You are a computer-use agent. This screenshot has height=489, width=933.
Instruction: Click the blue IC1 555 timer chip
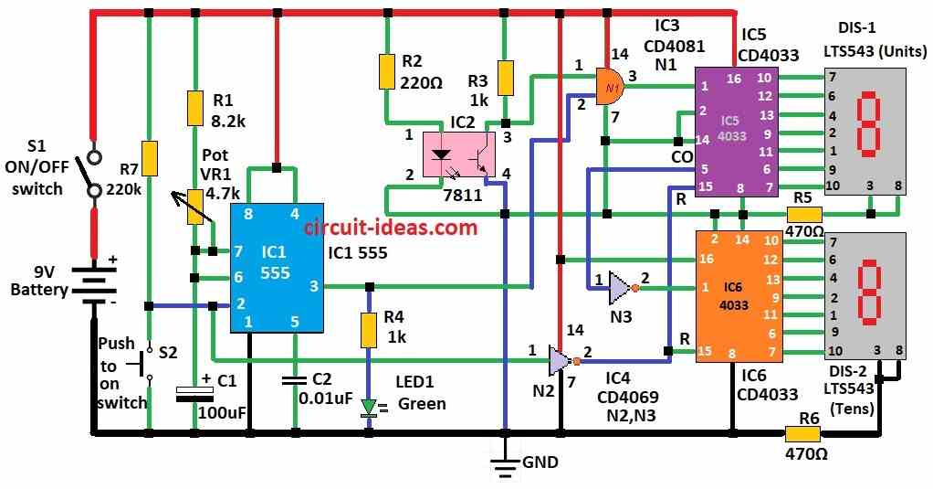(275, 267)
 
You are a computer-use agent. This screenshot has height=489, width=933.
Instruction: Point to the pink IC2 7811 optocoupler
(457, 154)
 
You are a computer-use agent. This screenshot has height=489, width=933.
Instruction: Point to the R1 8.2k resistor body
(194, 108)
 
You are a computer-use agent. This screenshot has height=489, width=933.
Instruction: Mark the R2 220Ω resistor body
(387, 72)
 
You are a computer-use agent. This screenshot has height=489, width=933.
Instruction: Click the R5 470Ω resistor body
(803, 214)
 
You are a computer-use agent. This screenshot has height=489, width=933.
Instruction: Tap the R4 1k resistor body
(369, 330)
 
